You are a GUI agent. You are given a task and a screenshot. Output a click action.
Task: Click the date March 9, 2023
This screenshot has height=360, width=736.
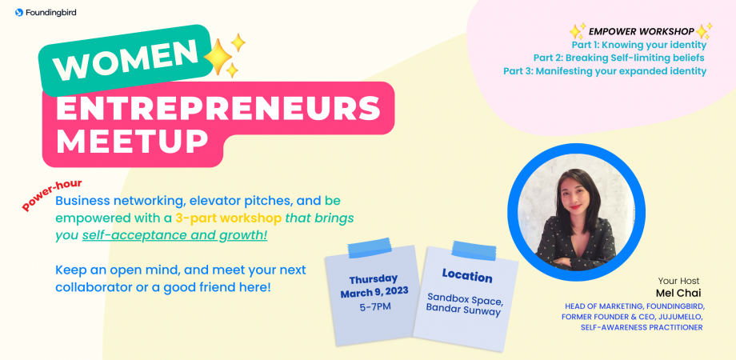pyautogui.click(x=374, y=292)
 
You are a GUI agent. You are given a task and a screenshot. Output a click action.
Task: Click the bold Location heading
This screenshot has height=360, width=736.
pyautogui.click(x=468, y=278)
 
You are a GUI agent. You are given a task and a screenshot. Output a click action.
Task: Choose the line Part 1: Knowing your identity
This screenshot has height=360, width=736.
pyautogui.click(x=638, y=45)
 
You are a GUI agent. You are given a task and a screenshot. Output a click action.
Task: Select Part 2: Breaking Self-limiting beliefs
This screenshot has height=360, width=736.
pyautogui.click(x=618, y=58)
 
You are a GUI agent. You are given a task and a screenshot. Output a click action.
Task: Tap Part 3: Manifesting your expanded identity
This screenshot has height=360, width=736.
pyautogui.click(x=605, y=70)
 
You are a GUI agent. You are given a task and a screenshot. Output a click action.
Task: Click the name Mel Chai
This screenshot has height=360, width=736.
pyautogui.click(x=678, y=293)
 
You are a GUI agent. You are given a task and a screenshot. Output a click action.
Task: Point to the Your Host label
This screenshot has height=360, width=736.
pyautogui.click(x=678, y=281)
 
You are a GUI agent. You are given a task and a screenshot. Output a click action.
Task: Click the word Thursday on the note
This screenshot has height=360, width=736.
pyautogui.click(x=374, y=279)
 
